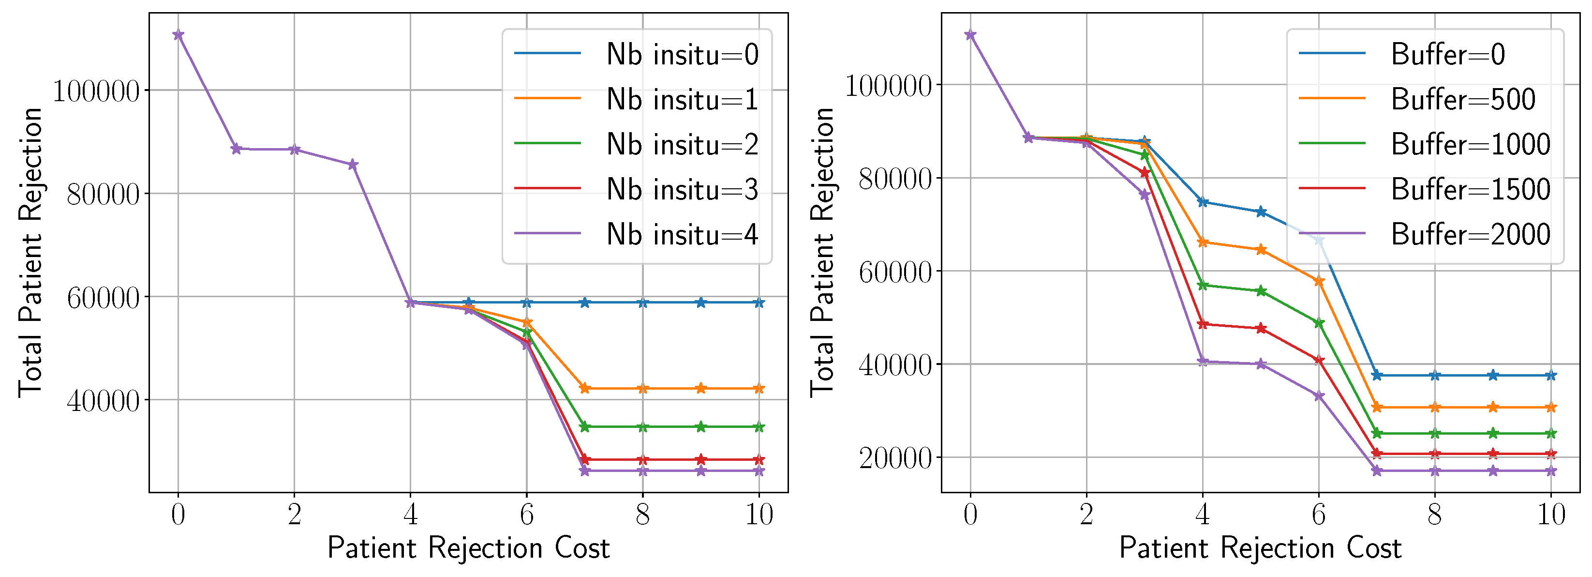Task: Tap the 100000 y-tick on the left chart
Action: (96, 91)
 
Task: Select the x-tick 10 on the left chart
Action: (759, 515)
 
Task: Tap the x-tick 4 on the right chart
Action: (1203, 515)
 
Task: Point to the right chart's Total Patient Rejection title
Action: (822, 252)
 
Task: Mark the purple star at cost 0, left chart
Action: (178, 35)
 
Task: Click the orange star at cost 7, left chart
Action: (585, 388)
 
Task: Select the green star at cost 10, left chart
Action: (759, 427)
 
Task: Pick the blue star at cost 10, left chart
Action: (759, 303)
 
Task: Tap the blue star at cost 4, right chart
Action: (1203, 202)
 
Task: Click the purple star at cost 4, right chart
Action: (1203, 362)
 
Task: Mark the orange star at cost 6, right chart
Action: (1319, 281)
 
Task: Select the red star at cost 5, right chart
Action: (1261, 328)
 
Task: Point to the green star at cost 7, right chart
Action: (1377, 434)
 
